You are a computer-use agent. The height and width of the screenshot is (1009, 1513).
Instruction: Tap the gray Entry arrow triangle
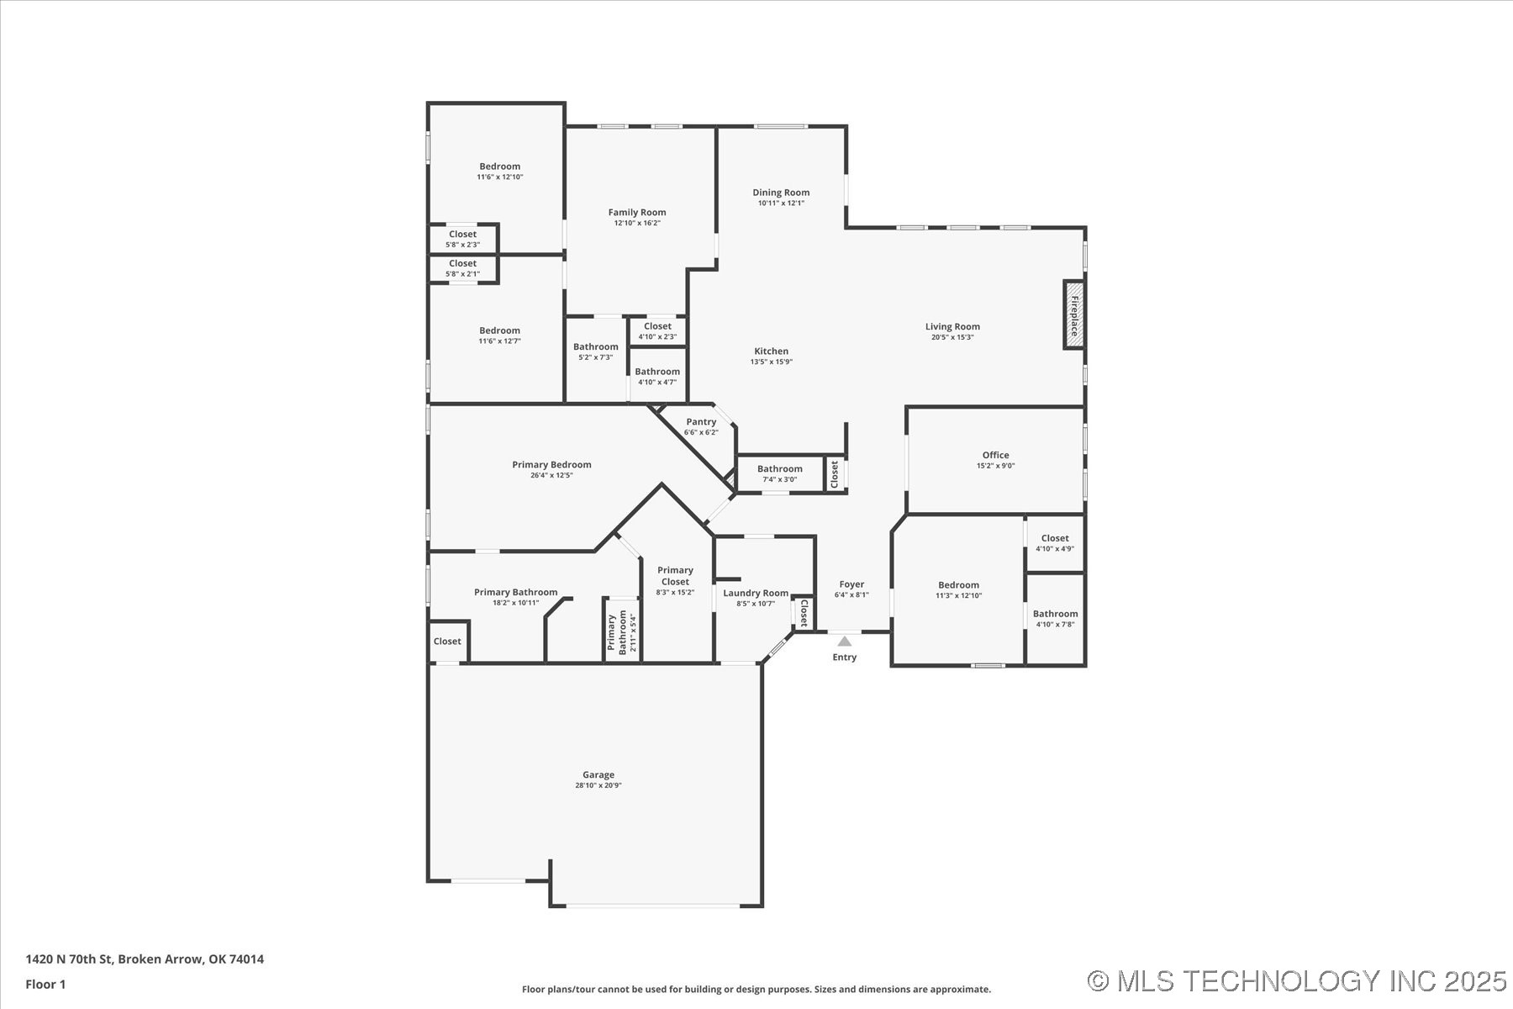844,642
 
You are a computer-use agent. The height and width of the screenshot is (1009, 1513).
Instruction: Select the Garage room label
598,775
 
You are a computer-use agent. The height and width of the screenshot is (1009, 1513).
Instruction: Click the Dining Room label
781,193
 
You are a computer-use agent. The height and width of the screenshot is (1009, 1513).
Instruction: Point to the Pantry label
701,422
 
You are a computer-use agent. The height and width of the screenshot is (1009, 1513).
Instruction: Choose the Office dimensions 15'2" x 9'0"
995,466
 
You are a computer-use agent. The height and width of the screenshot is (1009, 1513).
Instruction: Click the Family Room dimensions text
637,223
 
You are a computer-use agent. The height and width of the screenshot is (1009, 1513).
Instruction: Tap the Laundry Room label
756,593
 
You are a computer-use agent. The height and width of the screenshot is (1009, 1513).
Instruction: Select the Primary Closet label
675,575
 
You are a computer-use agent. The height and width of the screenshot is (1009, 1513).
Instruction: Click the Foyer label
851,584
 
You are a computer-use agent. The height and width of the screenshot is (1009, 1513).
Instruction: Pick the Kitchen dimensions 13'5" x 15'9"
771,362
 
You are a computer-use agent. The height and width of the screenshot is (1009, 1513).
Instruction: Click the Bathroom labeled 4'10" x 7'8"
1055,614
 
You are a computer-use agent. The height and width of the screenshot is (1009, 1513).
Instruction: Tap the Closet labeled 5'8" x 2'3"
462,235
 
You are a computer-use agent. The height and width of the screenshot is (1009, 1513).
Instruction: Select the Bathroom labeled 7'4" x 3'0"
779,469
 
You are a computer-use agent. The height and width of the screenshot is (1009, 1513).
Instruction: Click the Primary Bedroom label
551,464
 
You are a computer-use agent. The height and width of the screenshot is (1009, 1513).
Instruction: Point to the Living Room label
952,326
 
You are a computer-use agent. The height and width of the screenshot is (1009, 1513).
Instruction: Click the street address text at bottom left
145,959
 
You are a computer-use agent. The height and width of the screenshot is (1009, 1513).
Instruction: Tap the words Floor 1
45,984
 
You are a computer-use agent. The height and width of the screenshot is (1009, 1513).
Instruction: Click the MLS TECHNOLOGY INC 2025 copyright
1296,980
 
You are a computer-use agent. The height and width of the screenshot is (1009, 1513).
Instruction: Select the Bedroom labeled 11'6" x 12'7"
499,330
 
